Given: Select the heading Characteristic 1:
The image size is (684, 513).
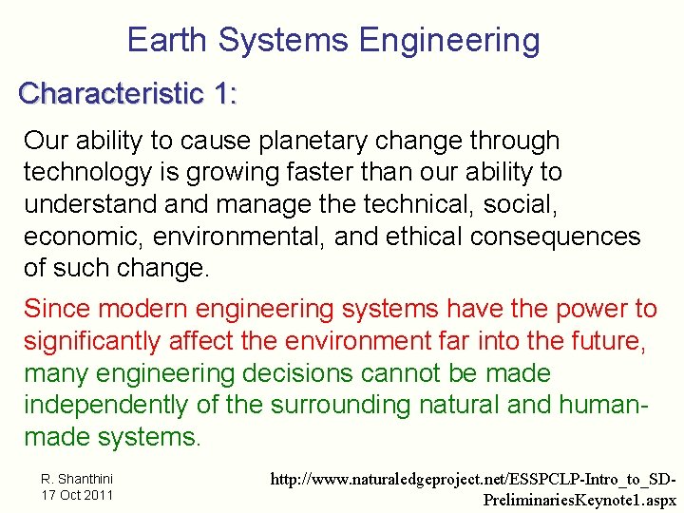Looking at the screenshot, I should [x=128, y=93].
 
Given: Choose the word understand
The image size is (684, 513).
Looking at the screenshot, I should [x=88, y=204].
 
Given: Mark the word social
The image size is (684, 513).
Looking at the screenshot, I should [x=558, y=204].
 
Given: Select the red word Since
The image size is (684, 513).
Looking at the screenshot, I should [x=58, y=309].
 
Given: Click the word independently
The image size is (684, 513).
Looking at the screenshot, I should [x=106, y=406].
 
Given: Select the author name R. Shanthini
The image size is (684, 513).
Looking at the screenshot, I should [x=76, y=479].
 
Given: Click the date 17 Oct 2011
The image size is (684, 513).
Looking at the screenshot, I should [x=76, y=495].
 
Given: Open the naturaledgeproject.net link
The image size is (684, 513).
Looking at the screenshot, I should [x=473, y=488].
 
